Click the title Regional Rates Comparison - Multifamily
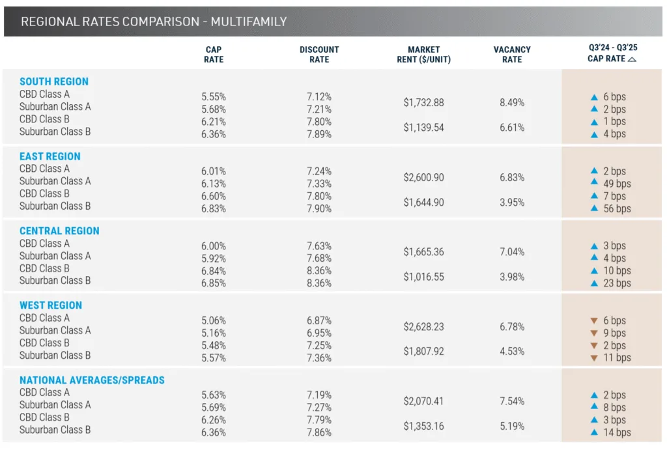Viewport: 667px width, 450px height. coord(154,21)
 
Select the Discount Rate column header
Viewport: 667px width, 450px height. coord(319,54)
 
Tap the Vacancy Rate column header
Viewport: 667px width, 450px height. coord(512,54)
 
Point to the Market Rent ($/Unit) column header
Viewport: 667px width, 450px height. coord(423,54)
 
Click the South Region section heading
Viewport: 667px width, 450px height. coord(54,81)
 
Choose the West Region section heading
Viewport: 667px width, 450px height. coord(51,305)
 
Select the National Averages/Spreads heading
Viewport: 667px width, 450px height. coord(92,380)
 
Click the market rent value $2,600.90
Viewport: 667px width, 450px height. coord(423,177)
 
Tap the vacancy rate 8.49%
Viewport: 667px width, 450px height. coord(512,102)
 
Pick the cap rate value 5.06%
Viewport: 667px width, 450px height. coord(214,320)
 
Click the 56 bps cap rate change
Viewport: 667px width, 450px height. coord(617,208)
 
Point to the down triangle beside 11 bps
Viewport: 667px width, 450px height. coord(593,358)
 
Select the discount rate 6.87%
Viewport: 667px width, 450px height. coord(319,320)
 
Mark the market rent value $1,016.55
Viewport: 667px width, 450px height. coord(423,277)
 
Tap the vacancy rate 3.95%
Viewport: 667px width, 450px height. coord(512,203)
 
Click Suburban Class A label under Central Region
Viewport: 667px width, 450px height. coord(55,256)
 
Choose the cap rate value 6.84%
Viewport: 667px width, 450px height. coord(214,271)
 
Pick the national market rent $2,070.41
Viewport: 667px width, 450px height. coord(423,401)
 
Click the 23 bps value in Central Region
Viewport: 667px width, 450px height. coord(617,283)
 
